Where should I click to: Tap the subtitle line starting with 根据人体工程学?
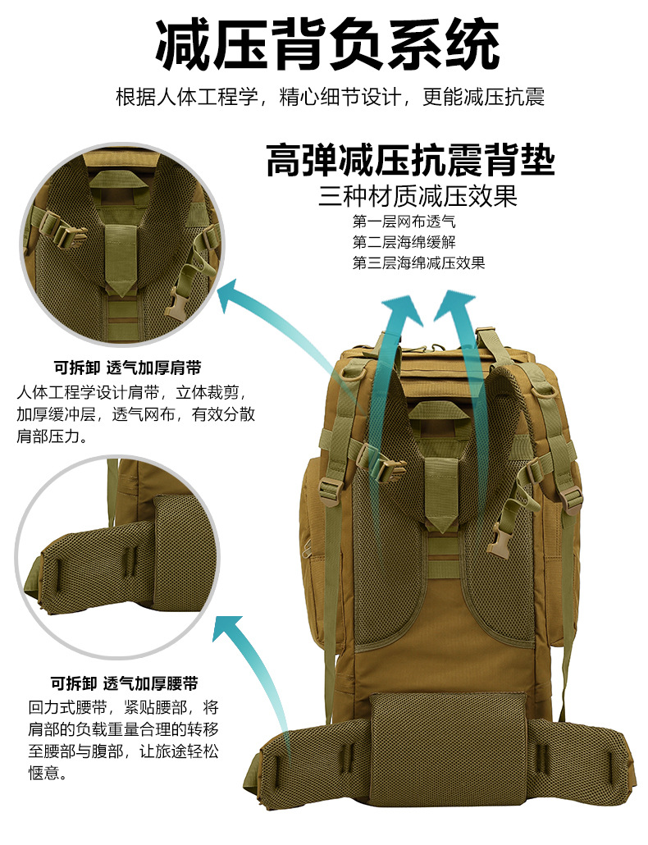pyautogui.click(x=330, y=98)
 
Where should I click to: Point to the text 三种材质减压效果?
pyautogui.click(x=418, y=197)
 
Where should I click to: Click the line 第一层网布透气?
pyautogui.click(x=403, y=222)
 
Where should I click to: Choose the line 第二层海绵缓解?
pyautogui.click(x=404, y=242)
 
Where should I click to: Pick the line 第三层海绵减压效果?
pyautogui.click(x=418, y=263)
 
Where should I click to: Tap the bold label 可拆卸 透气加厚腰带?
pyautogui.click(x=124, y=683)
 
